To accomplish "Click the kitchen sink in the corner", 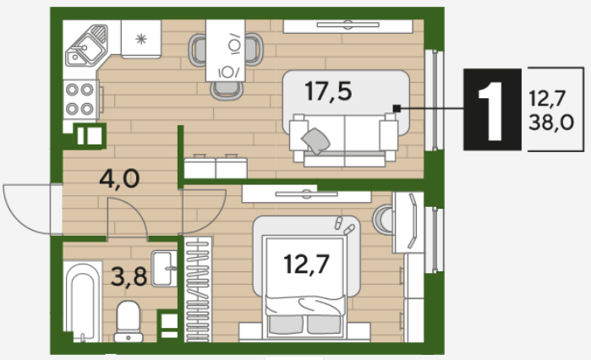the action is pyautogui.click(x=87, y=46).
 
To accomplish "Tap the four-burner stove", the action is pyautogui.click(x=80, y=100).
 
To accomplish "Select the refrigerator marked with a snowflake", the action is pyautogui.click(x=141, y=39).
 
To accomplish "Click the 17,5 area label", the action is pyautogui.click(x=328, y=91).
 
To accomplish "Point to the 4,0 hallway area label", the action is pyautogui.click(x=119, y=179).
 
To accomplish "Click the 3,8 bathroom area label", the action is pyautogui.click(x=129, y=277).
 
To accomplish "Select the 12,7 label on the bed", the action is pyautogui.click(x=307, y=264).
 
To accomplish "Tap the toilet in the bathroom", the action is pyautogui.click(x=129, y=321).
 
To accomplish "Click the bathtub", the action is pyautogui.click(x=83, y=302).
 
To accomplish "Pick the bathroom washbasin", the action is pyautogui.click(x=164, y=269).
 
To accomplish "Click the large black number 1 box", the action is pyautogui.click(x=492, y=110).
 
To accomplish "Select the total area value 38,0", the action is pyautogui.click(x=551, y=123).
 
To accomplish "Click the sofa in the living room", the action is pyautogui.click(x=344, y=140).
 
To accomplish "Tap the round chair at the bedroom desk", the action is pyautogui.click(x=382, y=219).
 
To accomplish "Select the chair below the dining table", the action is pyautogui.click(x=226, y=90).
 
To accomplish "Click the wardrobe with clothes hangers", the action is pyautogui.click(x=198, y=289).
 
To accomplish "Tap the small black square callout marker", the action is pyautogui.click(x=397, y=108).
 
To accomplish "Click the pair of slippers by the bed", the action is pyautogui.click(x=344, y=225).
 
